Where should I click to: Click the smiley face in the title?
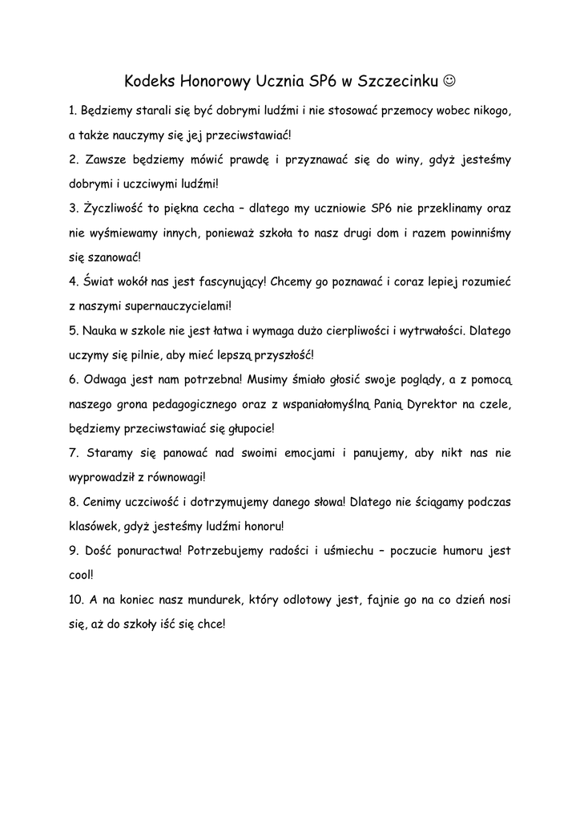(x=450, y=81)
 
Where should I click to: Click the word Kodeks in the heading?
(x=151, y=81)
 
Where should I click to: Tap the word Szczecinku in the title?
(x=398, y=81)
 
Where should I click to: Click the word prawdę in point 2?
(x=237, y=160)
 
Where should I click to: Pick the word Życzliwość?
(x=114, y=209)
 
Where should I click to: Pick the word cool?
(x=81, y=575)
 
